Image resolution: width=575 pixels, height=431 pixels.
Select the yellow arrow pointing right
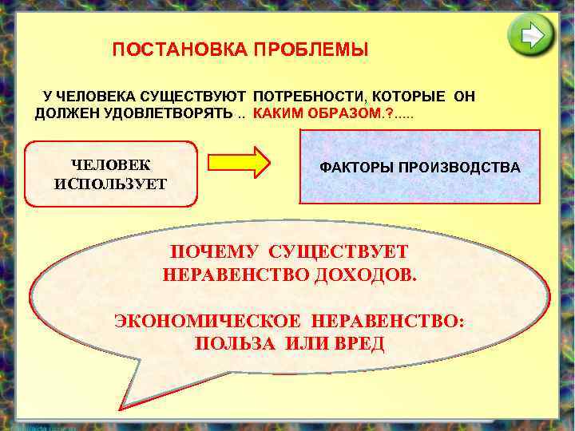[x=240, y=161]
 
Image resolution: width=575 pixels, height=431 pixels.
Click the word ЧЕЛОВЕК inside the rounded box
[x=111, y=165]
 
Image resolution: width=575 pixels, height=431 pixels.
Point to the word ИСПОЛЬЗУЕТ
[x=111, y=184]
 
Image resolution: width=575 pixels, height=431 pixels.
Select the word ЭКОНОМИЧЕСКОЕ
[x=208, y=322]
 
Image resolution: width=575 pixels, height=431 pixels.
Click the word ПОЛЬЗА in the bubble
[x=232, y=344]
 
